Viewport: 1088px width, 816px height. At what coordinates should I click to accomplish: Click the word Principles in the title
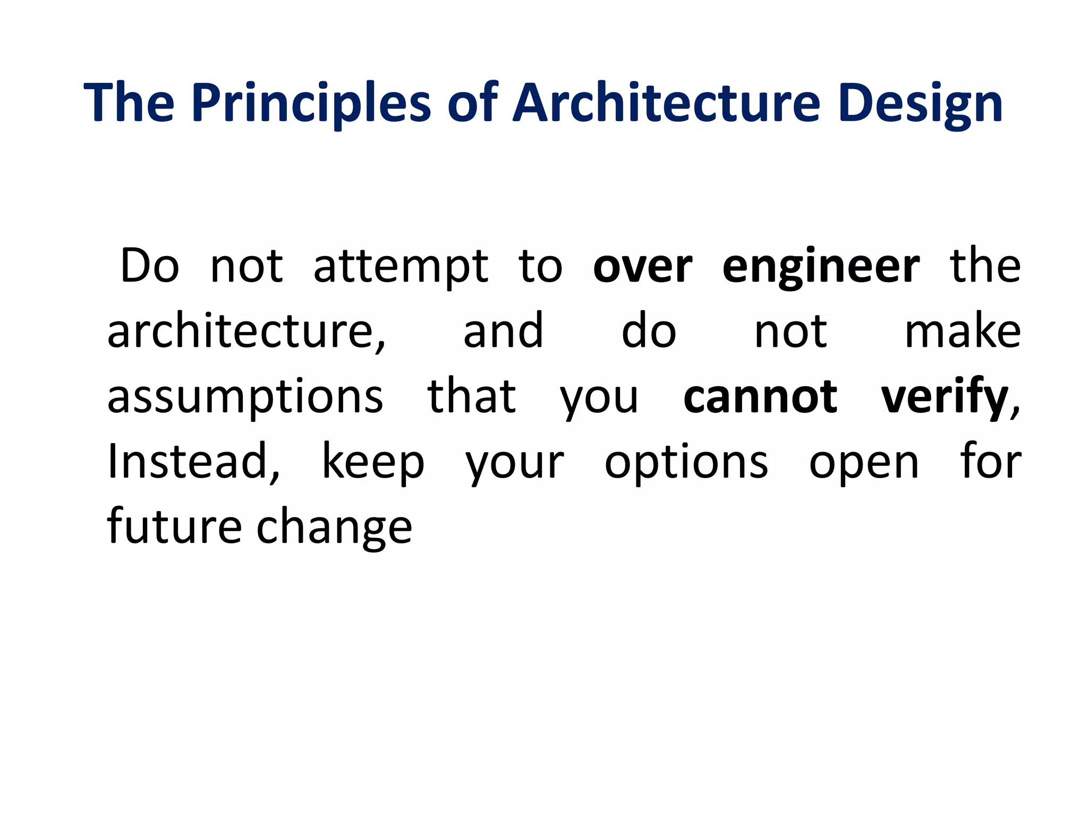[311, 104]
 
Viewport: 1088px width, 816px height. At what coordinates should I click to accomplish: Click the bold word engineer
[821, 267]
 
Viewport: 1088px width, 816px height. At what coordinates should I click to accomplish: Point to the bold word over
[642, 267]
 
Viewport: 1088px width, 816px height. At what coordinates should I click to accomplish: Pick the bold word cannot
[760, 397]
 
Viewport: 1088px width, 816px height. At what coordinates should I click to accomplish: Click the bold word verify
[945, 397]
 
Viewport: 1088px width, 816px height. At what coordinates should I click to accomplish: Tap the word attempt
[401, 267]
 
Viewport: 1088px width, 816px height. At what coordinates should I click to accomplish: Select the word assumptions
[245, 397]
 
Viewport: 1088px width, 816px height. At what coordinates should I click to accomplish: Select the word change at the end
[334, 527]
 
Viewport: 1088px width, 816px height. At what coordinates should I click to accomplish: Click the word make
[963, 331]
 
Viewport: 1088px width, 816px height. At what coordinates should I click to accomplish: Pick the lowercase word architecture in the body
[246, 331]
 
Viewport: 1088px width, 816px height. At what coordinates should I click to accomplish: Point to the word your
[514, 462]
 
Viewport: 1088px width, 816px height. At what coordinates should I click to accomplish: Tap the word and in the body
[503, 331]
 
